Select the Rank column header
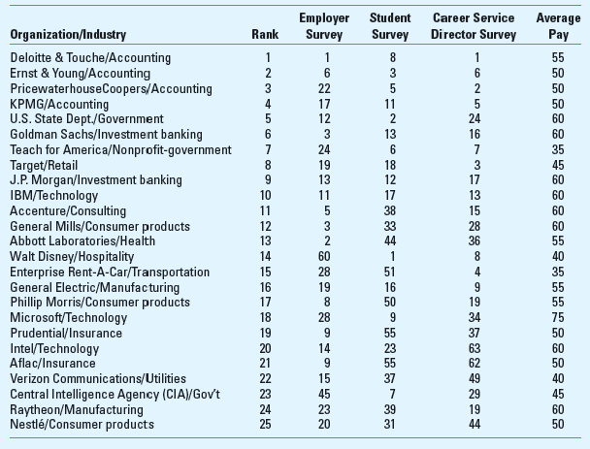265,34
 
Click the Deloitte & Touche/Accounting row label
90,58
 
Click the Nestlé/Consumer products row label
81,424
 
